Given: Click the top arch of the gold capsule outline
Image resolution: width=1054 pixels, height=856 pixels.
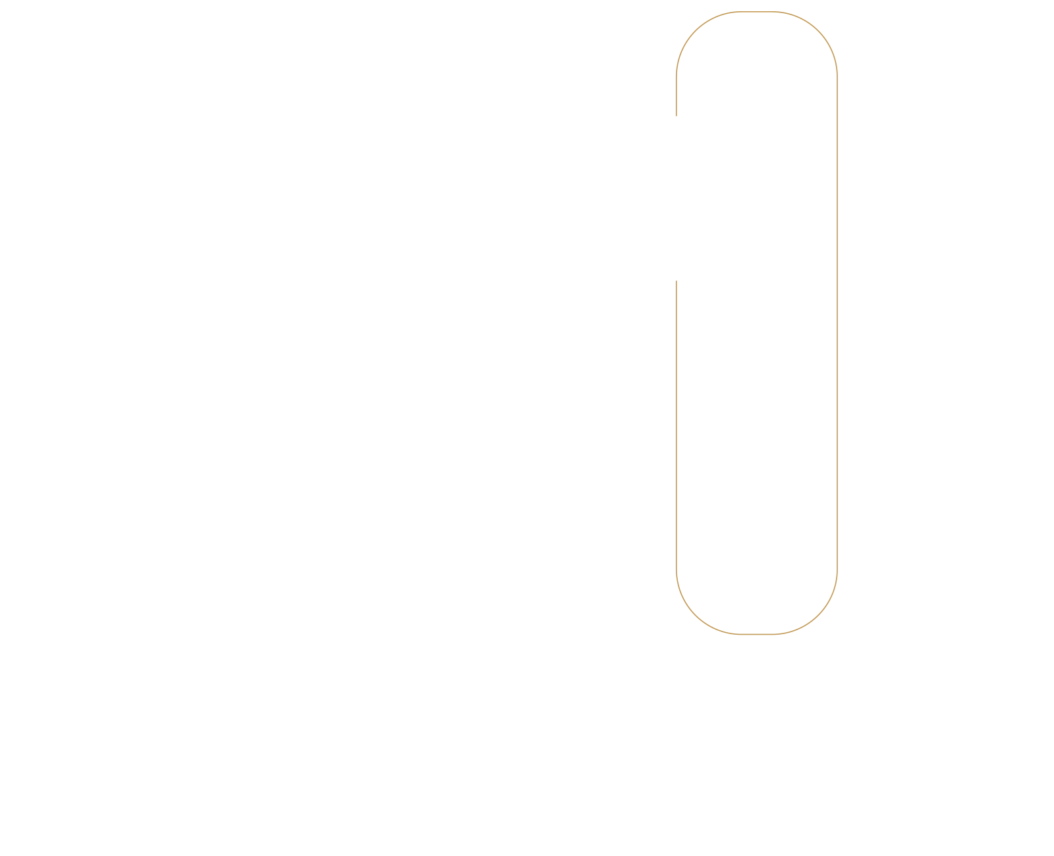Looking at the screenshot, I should point(756,13).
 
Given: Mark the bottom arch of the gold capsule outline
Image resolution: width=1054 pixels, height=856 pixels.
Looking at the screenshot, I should point(756,634).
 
